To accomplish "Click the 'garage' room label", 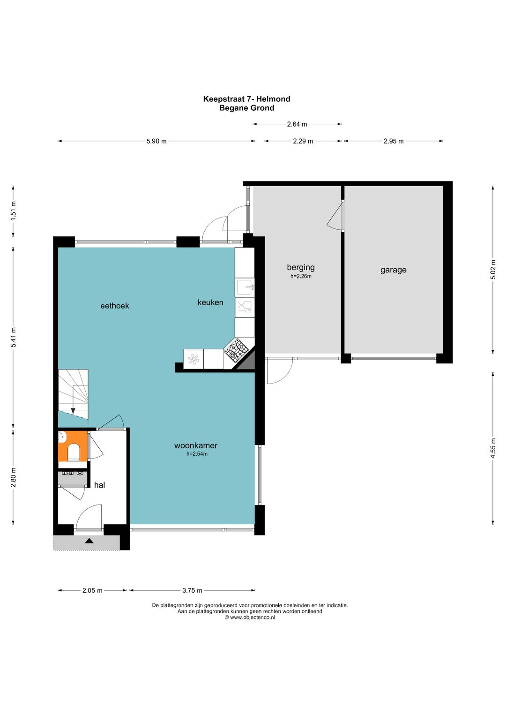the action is pyautogui.click(x=393, y=270).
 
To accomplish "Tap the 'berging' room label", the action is pyautogui.click(x=301, y=267).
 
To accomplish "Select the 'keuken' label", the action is pyautogui.click(x=210, y=302).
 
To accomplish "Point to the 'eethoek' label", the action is pyautogui.click(x=115, y=306).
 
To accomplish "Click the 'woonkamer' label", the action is pyautogui.click(x=196, y=445).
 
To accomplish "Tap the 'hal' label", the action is pyautogui.click(x=99, y=485).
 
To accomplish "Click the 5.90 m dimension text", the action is pyautogui.click(x=156, y=141).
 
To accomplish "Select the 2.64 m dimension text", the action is pyautogui.click(x=297, y=124).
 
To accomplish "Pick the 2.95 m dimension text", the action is pyautogui.click(x=394, y=141).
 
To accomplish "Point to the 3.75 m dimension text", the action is pyautogui.click(x=192, y=590).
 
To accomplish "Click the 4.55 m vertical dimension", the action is pyautogui.click(x=493, y=448).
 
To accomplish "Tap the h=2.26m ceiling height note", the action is pyautogui.click(x=301, y=277).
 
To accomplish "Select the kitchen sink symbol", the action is pyautogui.click(x=245, y=287).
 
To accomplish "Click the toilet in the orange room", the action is pyautogui.click(x=74, y=452).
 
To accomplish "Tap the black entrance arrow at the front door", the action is pyautogui.click(x=89, y=541).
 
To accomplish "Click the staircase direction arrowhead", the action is pyautogui.click(x=73, y=411).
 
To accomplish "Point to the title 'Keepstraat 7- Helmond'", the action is pyautogui.click(x=246, y=99).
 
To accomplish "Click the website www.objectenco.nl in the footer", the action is pyautogui.click(x=253, y=618).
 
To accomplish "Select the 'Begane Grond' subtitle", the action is pyautogui.click(x=246, y=108).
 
